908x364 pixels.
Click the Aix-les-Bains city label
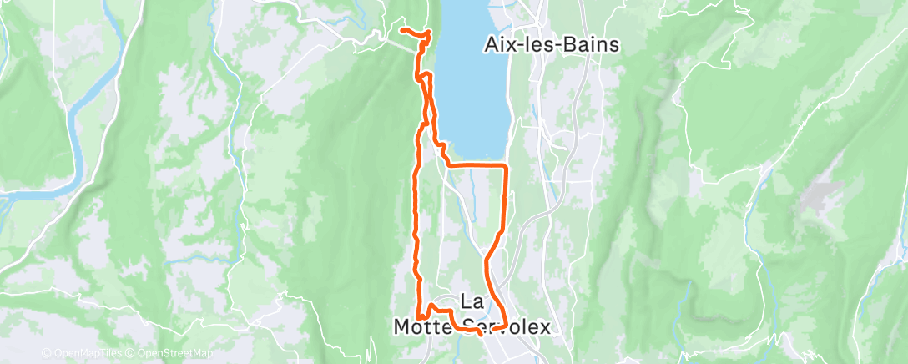552,45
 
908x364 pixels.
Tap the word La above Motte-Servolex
471,302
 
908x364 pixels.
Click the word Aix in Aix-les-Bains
499,45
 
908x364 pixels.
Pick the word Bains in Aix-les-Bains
593,45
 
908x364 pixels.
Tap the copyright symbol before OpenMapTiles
46,352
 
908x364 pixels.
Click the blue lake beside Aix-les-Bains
472,83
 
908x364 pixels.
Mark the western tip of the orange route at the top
402,30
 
